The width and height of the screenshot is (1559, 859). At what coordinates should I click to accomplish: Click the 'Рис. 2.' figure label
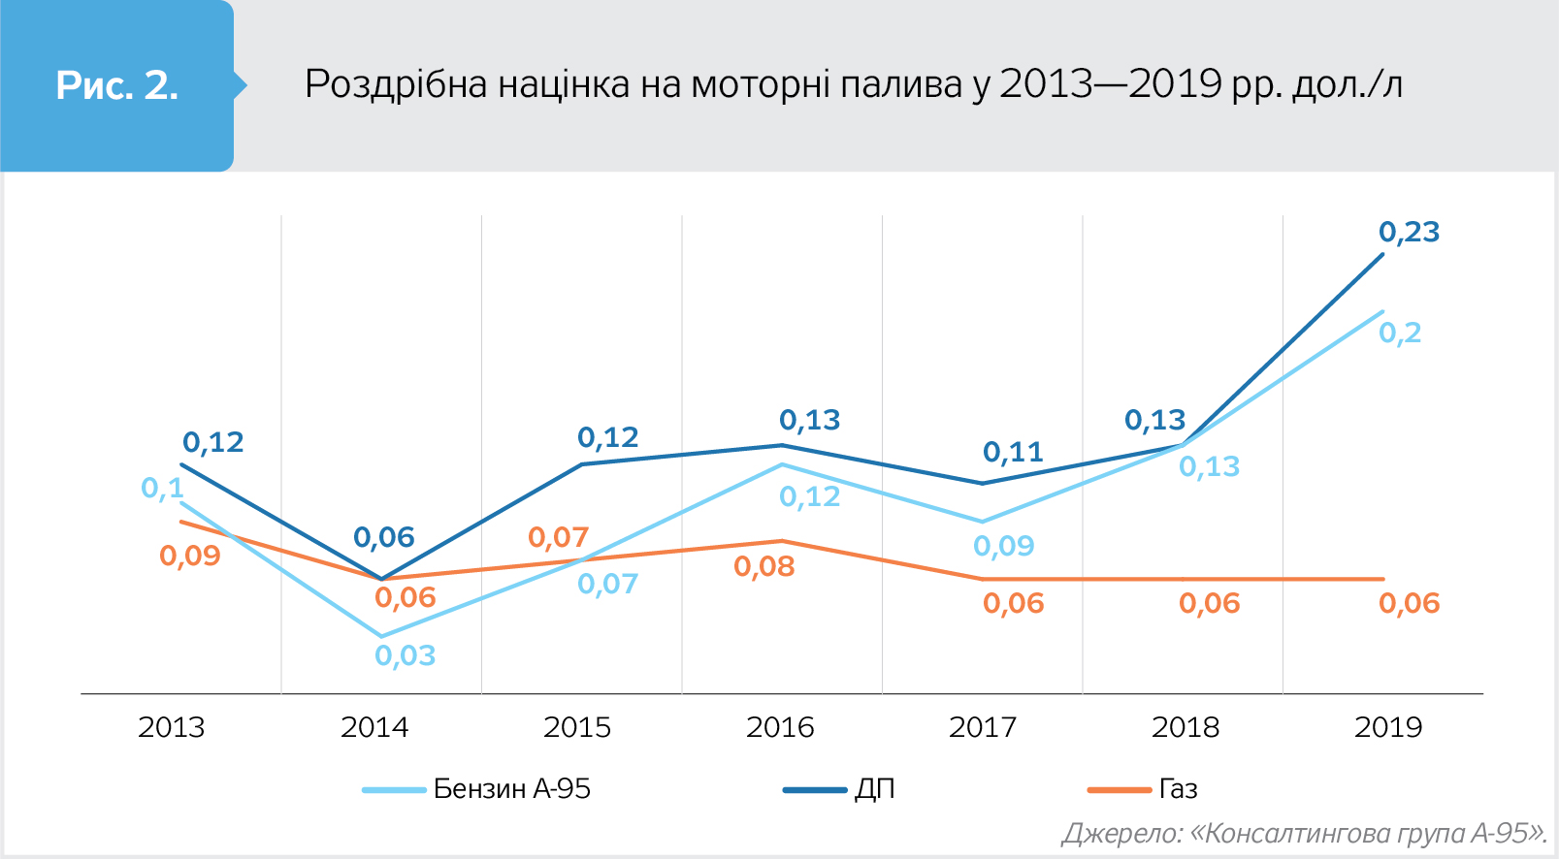(x=116, y=86)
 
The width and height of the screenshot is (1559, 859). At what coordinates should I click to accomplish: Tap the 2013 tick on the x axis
(x=172, y=727)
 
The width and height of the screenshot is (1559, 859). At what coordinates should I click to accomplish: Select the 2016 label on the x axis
(x=780, y=727)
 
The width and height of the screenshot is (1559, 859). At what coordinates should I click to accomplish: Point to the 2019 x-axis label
(x=1388, y=727)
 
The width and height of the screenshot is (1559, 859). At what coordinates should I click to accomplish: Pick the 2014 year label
(x=374, y=727)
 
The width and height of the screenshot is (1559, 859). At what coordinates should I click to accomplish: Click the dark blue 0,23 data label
(x=1409, y=233)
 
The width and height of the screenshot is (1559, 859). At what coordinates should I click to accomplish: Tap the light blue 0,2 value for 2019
(x=1400, y=334)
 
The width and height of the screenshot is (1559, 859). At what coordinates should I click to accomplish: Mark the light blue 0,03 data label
(x=406, y=656)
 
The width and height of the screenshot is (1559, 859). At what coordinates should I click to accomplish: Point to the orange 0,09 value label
(x=190, y=557)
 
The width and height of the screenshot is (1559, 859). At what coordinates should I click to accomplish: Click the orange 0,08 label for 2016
(x=764, y=567)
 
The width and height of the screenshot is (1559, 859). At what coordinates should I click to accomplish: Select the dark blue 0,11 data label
(x=1013, y=453)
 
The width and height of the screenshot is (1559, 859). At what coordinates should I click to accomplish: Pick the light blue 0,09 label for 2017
(x=1004, y=547)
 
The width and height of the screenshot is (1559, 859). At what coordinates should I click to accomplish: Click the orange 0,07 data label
(x=559, y=538)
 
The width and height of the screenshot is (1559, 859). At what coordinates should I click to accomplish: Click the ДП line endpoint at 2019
(x=1382, y=254)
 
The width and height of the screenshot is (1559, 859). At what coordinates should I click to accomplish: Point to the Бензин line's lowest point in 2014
(x=380, y=637)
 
